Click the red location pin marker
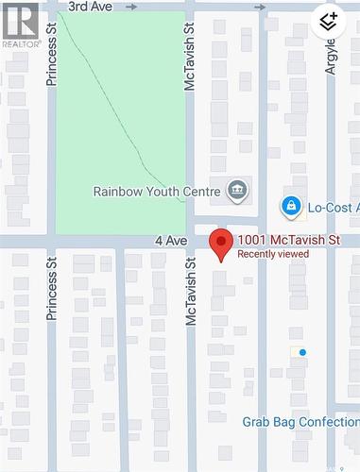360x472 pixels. pos(221,244)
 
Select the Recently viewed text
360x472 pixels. pos(272,254)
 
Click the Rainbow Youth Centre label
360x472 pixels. pos(157,191)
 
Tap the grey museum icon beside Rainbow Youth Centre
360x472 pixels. pos(237,191)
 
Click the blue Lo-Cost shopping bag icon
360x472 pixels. pos(291,206)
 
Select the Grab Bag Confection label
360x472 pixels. pos(300,422)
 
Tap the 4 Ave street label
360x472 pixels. pos(171,242)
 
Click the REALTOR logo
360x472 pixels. pos(20,25)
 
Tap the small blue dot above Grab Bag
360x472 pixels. pos(302,353)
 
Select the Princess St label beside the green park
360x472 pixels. pos(53,62)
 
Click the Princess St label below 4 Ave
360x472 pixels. pos(53,294)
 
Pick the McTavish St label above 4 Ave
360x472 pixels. pos(190,67)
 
